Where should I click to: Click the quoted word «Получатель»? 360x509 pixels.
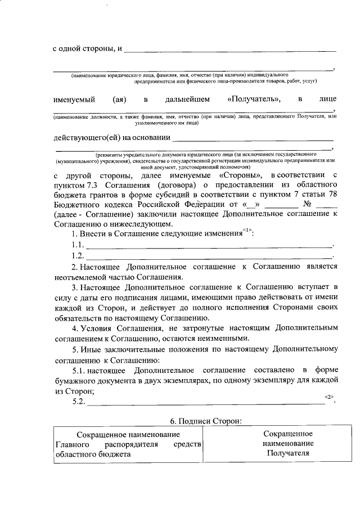(x=254, y=99)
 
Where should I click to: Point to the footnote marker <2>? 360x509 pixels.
(x=329, y=397)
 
